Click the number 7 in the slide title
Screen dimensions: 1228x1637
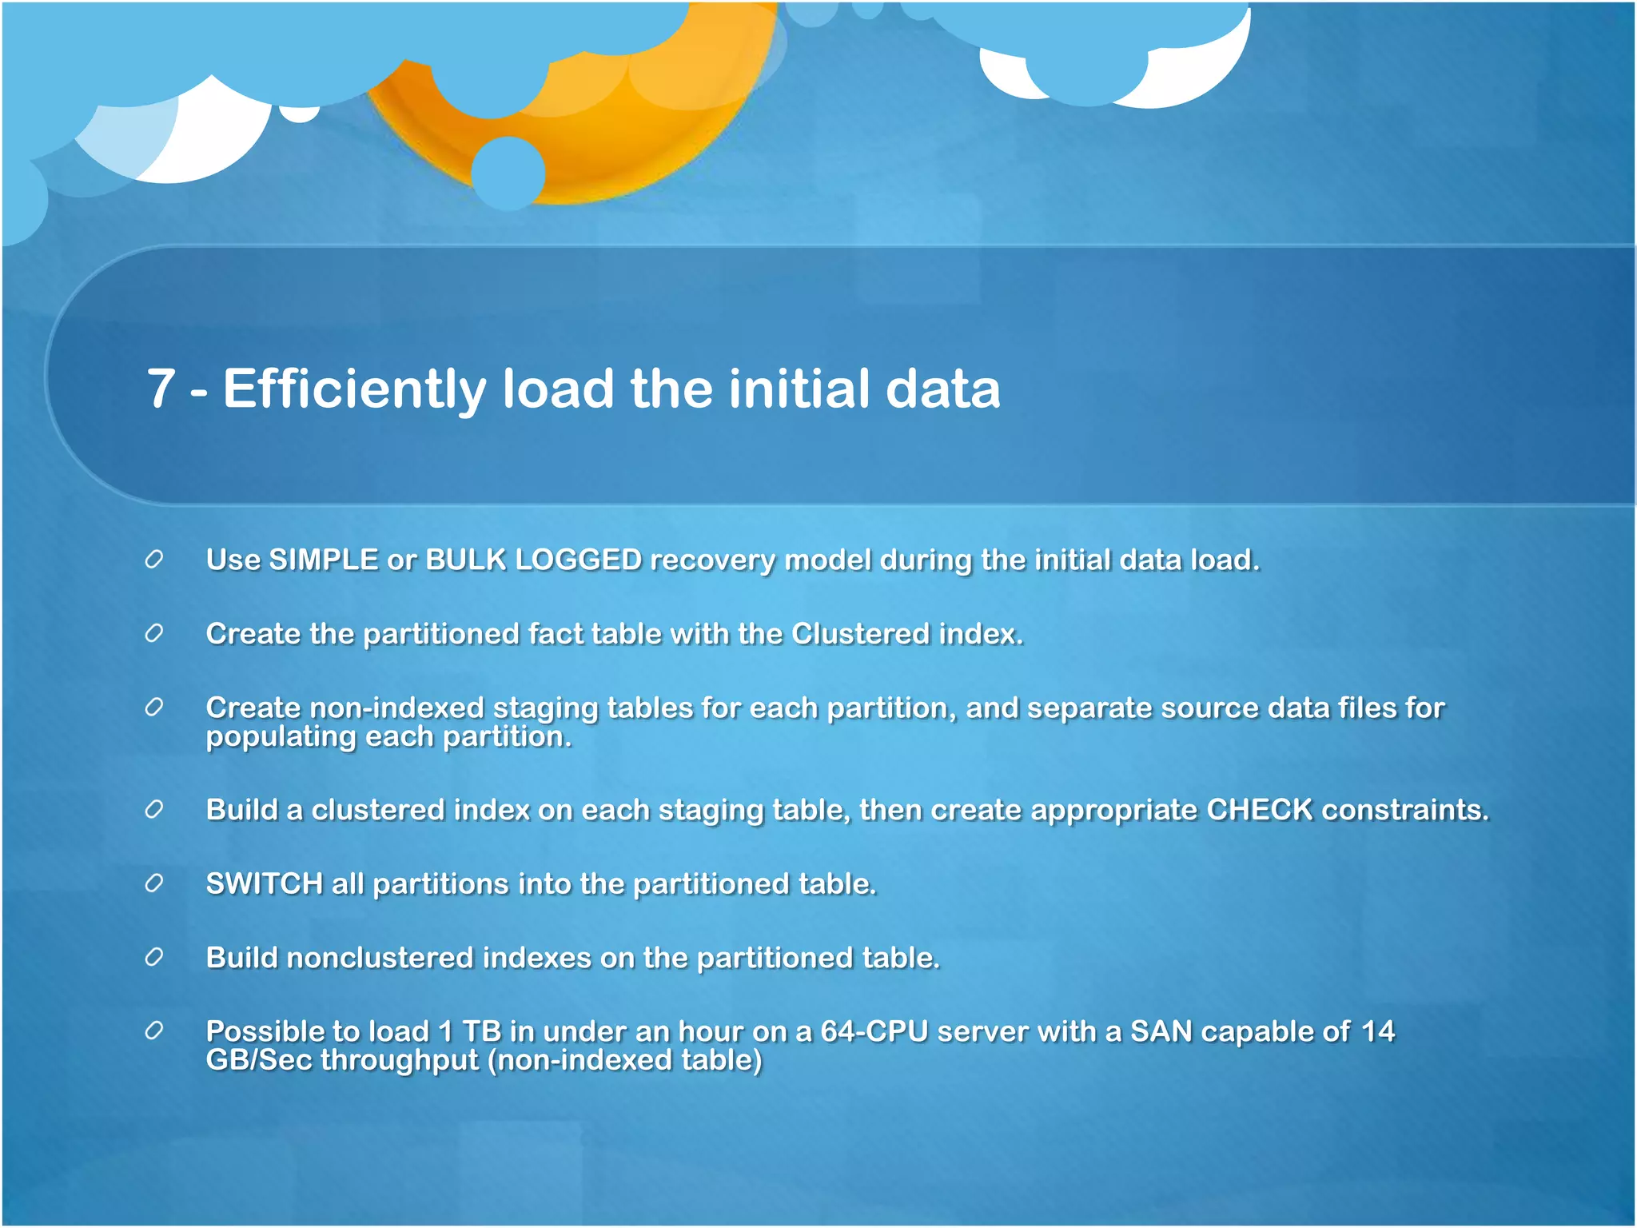161,389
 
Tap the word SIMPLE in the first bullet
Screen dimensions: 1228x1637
323,560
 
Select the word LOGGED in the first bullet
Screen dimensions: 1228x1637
578,560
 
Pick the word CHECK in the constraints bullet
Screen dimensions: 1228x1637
1260,810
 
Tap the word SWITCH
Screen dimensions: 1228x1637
264,884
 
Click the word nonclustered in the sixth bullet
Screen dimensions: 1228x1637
380,958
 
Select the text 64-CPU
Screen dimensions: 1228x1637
874,1031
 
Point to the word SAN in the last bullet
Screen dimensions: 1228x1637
1161,1031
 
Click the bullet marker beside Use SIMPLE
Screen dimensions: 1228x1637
154,560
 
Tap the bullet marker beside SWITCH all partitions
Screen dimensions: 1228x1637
154,883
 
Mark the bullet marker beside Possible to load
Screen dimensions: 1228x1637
154,1031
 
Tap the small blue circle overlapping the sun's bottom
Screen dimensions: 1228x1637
508,173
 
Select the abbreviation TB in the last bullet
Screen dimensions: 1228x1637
481,1031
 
